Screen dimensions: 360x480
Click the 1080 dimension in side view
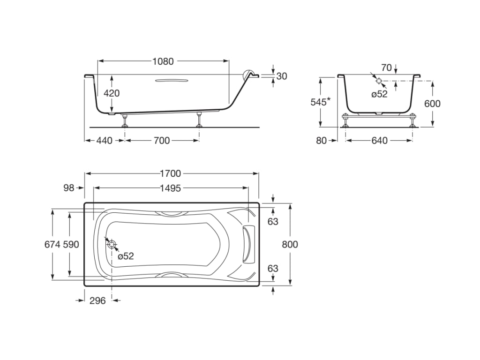[163, 61]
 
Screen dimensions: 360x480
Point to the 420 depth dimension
[112, 93]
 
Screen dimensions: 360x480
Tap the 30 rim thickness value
[281, 76]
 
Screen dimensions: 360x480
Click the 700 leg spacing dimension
[161, 140]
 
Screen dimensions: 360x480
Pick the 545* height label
[322, 102]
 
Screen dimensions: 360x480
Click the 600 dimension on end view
[432, 104]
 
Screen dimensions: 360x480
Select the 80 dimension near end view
[321, 140]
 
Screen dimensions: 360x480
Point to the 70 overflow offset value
[386, 68]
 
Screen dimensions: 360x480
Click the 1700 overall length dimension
[170, 173]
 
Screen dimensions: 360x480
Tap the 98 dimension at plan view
[69, 188]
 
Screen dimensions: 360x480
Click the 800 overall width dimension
[290, 244]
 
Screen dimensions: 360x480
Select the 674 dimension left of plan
[52, 244]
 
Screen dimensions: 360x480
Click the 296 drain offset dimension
[97, 300]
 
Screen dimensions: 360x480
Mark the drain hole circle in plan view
[112, 244]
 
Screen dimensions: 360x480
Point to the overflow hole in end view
[379, 81]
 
